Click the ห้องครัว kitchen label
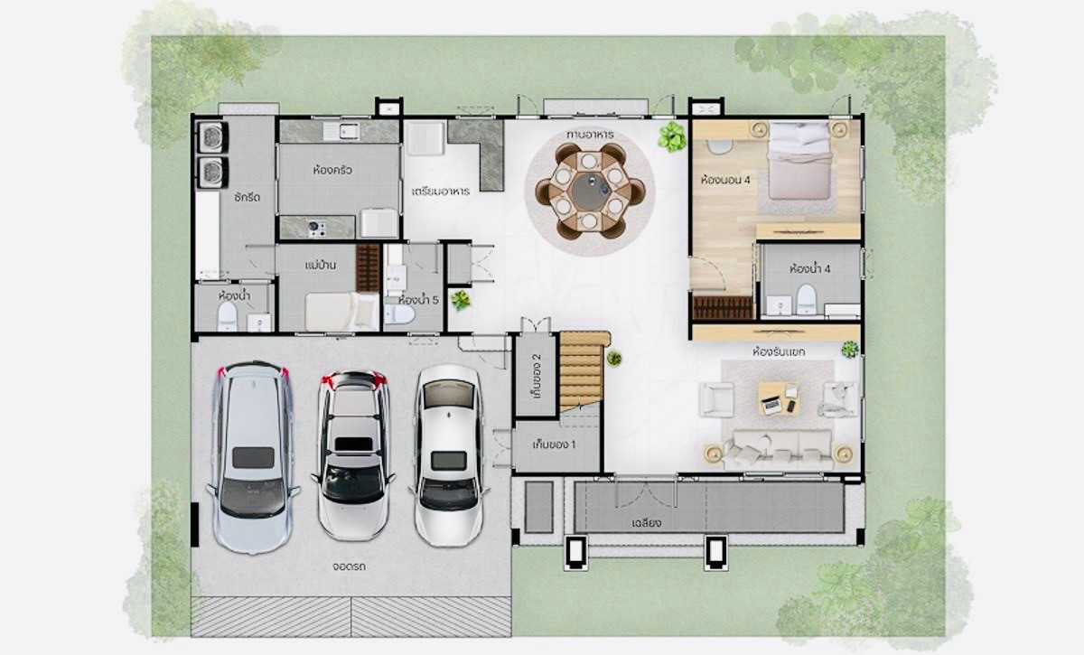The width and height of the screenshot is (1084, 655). tap(332, 171)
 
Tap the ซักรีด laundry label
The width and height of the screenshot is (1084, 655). tap(247, 197)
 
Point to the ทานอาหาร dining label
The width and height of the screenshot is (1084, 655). tap(590, 134)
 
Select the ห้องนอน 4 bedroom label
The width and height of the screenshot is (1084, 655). tap(724, 180)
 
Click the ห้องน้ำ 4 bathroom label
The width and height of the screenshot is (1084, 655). tap(809, 268)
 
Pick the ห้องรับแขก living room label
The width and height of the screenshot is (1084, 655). tap(779, 352)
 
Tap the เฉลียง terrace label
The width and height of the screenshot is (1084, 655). tap(646, 523)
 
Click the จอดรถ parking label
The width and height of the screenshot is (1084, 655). tap(349, 566)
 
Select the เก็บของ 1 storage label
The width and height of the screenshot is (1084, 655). tap(554, 444)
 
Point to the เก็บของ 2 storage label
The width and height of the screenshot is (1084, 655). tap(537, 376)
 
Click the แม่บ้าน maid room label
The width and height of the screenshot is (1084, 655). tap(321, 266)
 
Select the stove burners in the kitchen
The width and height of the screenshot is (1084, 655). tap(317, 229)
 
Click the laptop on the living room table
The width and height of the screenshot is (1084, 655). tap(771, 404)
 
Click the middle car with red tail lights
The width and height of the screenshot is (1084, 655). tap(353, 455)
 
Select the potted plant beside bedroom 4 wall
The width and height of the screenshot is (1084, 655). tap(672, 136)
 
